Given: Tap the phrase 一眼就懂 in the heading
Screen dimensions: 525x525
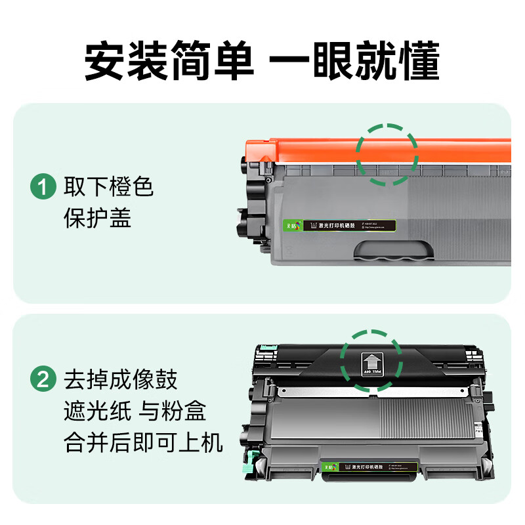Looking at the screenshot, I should (354, 62).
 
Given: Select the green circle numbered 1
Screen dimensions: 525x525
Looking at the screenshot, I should (44, 188).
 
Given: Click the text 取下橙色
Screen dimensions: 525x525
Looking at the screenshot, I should (108, 188).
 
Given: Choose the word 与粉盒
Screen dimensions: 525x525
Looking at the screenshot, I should (173, 411).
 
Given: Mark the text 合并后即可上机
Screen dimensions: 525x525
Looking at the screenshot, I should (143, 442).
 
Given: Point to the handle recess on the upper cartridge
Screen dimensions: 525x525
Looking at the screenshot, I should (394, 251).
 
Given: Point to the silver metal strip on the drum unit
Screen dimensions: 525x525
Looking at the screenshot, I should (374, 392).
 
